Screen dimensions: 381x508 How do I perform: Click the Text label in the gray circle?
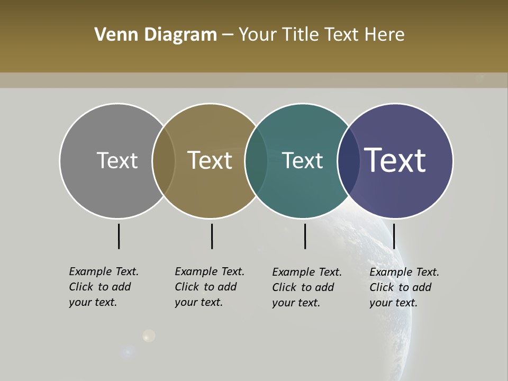tap(117, 160)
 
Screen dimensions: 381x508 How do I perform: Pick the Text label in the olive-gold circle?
tap(210, 160)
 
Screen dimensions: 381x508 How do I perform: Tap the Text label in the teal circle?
tap(302, 161)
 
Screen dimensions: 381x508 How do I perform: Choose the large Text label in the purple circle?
tap(395, 160)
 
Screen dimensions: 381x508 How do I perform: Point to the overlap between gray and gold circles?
tap(164, 161)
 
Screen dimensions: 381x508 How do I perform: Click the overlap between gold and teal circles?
tap(256, 161)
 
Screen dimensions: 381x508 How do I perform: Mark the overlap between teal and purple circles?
tap(348, 161)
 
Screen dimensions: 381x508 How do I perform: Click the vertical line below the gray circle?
tap(119, 236)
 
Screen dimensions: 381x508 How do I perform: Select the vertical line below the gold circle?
tap(212, 236)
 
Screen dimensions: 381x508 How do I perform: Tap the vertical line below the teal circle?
tap(305, 236)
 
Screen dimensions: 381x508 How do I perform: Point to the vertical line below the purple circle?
tap(394, 236)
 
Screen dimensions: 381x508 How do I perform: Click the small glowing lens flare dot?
tap(149, 335)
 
